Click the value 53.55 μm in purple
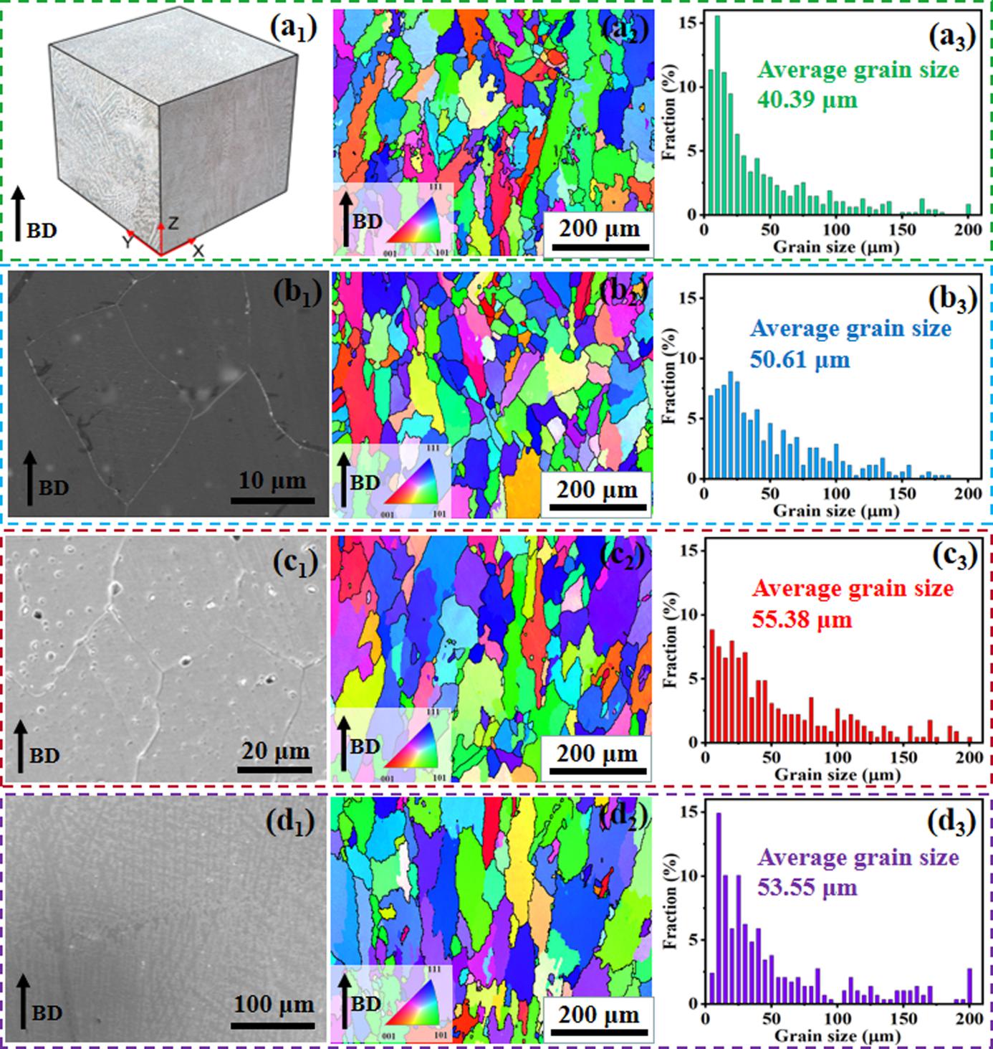807,887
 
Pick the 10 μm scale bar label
272,480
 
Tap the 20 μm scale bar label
274,751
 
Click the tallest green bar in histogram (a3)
717,115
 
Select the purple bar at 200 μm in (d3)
970,986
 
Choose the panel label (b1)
293,293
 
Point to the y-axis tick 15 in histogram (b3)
691,298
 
